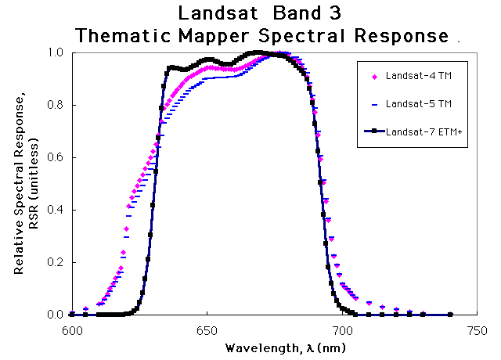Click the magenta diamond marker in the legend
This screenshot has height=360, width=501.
[374, 77]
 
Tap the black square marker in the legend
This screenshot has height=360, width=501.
[374, 131]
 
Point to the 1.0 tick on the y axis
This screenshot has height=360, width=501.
[57, 52]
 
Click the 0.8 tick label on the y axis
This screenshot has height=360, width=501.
[57, 105]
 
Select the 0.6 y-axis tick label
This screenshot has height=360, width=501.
[57, 157]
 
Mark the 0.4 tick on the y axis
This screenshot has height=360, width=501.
[57, 210]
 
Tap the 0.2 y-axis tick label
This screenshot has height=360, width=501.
[57, 262]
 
